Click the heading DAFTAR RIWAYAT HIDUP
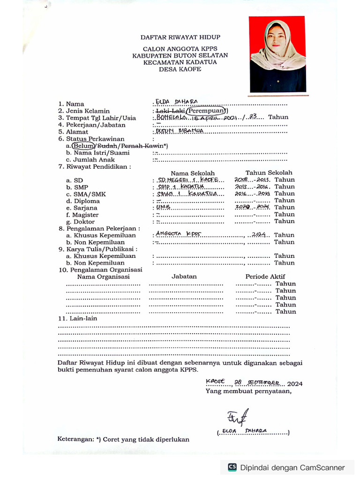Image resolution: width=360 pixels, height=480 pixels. click(x=180, y=37)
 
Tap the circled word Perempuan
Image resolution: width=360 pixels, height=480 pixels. click(x=206, y=111)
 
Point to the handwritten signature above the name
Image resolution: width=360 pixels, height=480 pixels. click(x=238, y=416)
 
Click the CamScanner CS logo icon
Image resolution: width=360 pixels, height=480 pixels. click(x=232, y=467)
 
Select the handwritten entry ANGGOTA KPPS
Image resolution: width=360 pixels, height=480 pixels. click(x=177, y=234)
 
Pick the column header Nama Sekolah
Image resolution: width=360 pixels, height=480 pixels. click(x=192, y=173)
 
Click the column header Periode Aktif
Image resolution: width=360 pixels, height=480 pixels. click(x=265, y=277)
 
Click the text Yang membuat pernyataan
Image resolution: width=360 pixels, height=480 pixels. click(x=248, y=391)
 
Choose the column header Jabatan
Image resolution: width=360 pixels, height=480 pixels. click(x=184, y=277)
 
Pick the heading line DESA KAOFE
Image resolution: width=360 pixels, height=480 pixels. click(x=180, y=69)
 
